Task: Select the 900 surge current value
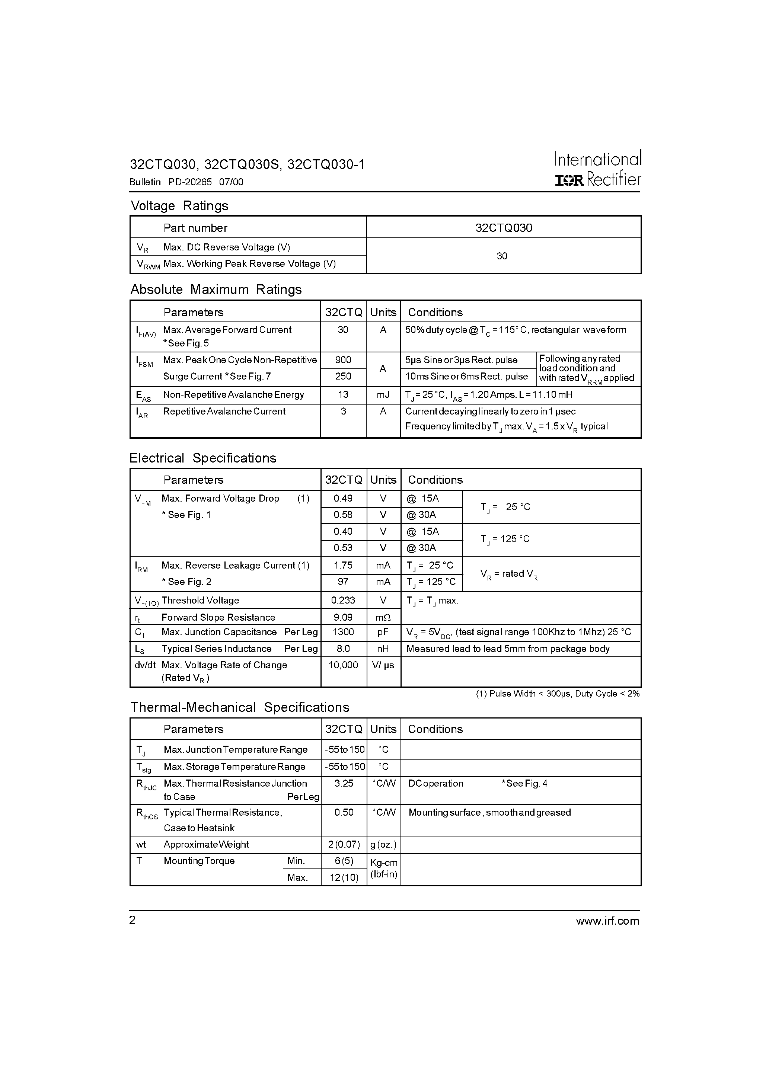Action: pos(343,360)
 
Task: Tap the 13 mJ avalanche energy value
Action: pos(343,394)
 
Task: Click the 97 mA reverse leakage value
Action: pos(343,582)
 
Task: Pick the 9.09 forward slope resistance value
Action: pos(343,617)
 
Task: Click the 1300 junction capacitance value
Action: pos(343,632)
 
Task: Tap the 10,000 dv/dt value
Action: pos(343,665)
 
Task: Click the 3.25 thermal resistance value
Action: pos(343,783)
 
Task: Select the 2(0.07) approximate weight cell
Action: pos(343,844)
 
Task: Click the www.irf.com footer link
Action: pos(607,921)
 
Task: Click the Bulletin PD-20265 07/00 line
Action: pos(186,182)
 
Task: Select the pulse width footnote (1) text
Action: pos(558,694)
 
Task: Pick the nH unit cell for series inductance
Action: pos(383,648)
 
